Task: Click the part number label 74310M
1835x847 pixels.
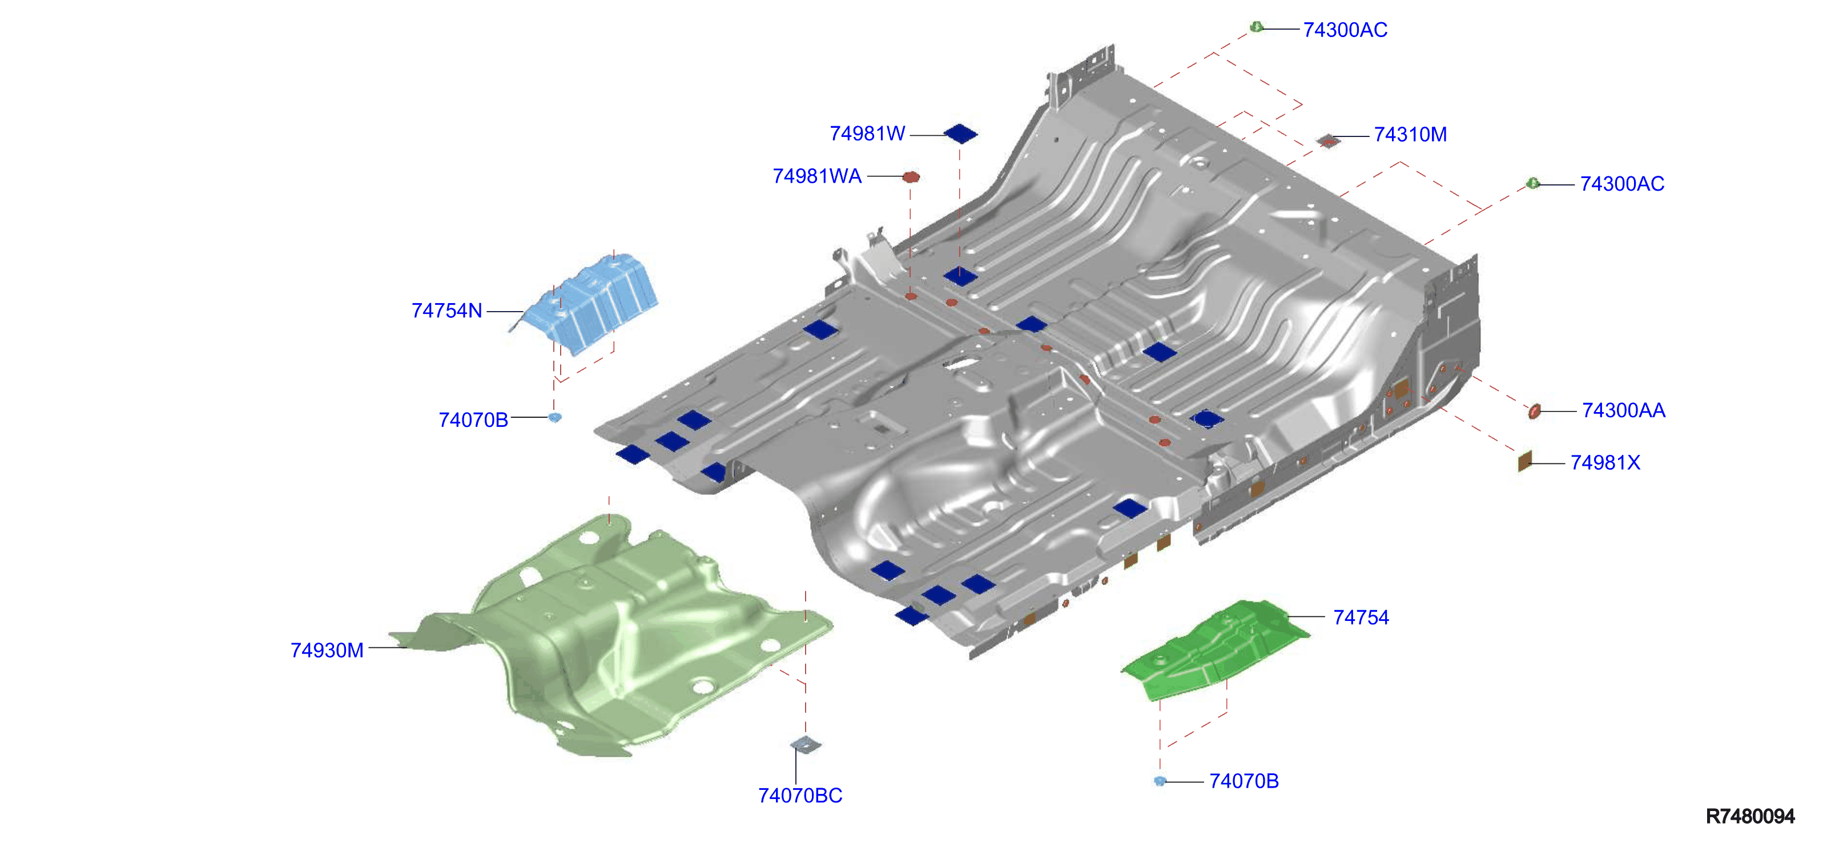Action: coord(1410,135)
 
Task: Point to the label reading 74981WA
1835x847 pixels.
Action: coord(817,176)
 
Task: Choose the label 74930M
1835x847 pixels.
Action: coord(327,651)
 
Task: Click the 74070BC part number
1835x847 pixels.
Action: coord(800,795)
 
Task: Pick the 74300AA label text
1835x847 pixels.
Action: coord(1623,410)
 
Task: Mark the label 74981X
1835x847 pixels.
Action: coord(1605,462)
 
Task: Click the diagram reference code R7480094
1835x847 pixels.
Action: coord(1751,816)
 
